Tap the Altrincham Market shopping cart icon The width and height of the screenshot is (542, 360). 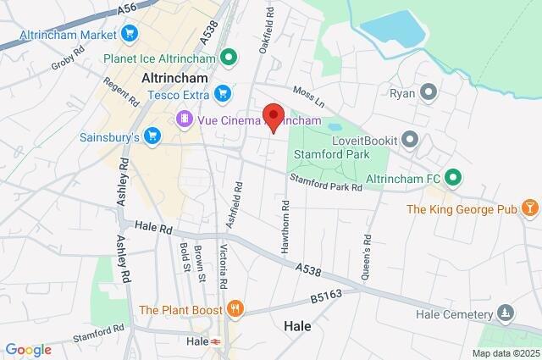[x=129, y=34]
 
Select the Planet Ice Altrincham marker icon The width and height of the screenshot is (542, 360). [x=227, y=58]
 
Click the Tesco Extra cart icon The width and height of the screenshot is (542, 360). [x=222, y=93]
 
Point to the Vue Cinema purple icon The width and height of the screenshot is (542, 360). [x=184, y=119]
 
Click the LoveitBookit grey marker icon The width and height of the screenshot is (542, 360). [x=410, y=138]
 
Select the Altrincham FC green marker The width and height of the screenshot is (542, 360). [x=453, y=178]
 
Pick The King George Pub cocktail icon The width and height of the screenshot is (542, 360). [x=529, y=208]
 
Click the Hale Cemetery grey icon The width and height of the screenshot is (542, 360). [x=506, y=313]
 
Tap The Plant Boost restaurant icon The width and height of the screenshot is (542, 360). [x=234, y=309]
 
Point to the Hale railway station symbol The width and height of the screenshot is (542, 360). [x=216, y=341]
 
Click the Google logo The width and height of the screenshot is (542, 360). [x=28, y=350]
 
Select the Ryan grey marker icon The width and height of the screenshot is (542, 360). [x=429, y=91]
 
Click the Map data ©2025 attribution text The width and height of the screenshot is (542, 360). [x=505, y=353]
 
